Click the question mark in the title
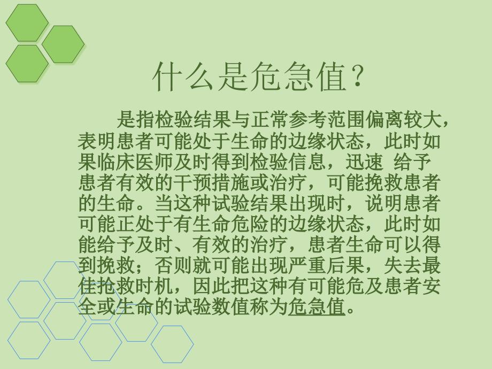pos(358,76)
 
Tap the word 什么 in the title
pos(184,76)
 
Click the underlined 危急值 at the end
pos(316,306)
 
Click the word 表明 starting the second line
pos(97,141)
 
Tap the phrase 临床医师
pos(135,162)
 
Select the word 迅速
pos(364,162)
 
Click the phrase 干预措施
pos(211,182)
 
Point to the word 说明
pos(384,203)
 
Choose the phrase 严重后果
pos(326,265)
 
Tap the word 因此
pos(211,286)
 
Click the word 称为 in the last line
pos(268,306)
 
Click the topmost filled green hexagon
pos(27,22)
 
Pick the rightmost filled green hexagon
pos(63,44)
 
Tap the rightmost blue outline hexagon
pos(172,344)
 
